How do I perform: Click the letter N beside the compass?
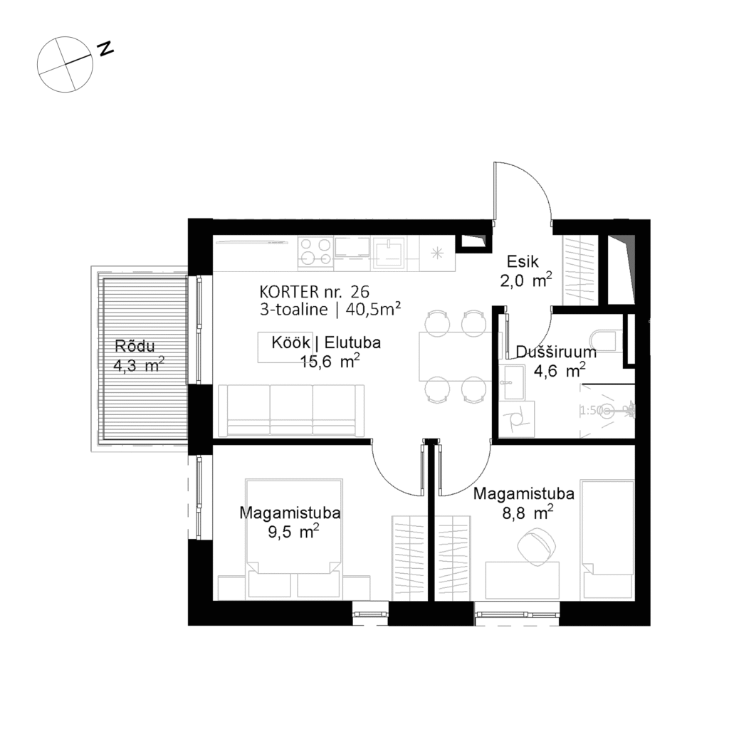point(106,48)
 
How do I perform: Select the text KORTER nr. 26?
point(315,291)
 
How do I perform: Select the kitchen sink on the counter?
point(390,251)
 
